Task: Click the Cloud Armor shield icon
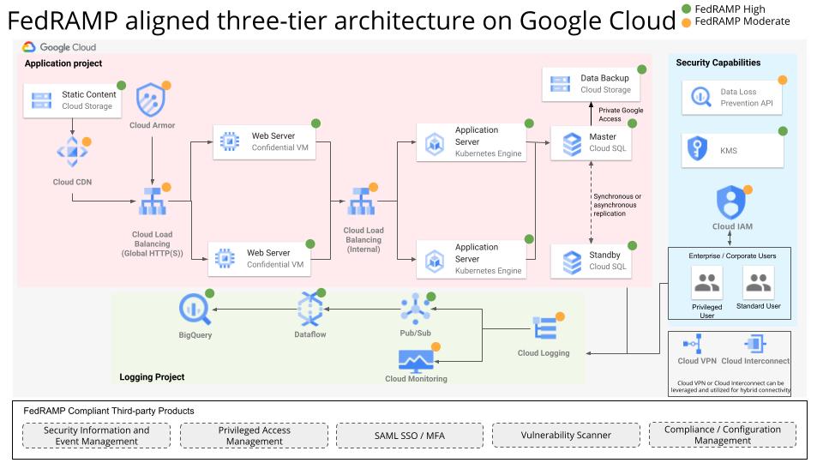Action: pos(152,100)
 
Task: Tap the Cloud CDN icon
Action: pos(72,153)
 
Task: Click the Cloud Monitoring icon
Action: pos(417,359)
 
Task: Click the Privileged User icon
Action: pos(707,283)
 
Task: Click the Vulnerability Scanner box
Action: pos(566,435)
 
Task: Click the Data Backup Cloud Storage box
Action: pos(592,84)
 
